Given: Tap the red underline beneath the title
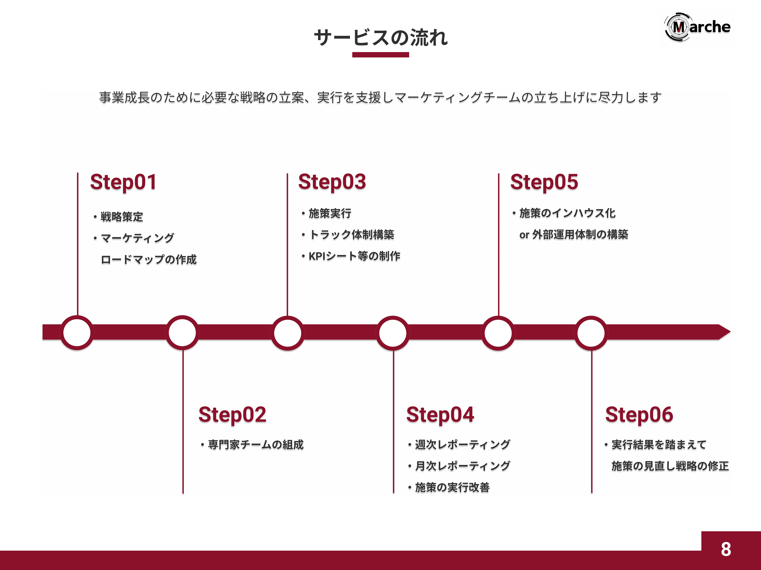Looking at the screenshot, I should tap(380, 55).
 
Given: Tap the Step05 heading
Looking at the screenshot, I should tap(544, 182).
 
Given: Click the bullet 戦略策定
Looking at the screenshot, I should tap(121, 217).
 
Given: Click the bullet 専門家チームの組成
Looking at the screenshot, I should tap(256, 445).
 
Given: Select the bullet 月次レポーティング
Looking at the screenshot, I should tap(462, 466).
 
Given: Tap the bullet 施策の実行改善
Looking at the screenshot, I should tap(452, 487).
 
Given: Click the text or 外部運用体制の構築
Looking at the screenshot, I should tap(573, 235).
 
